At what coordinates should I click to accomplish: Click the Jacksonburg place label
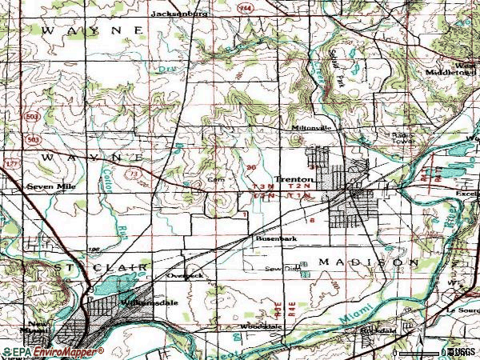(180, 14)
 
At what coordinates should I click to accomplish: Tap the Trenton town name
(290, 179)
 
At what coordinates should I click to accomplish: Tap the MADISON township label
(369, 262)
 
